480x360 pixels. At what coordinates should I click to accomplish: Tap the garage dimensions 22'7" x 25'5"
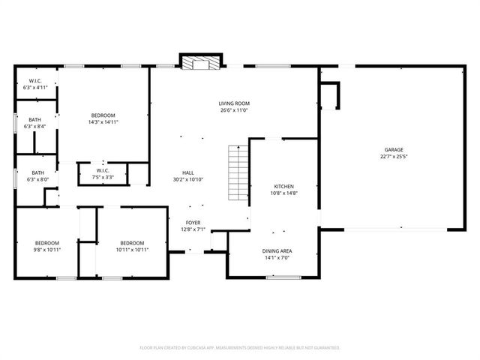click(393, 157)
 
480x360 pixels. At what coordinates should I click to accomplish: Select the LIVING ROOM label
click(234, 103)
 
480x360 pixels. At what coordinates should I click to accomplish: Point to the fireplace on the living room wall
click(200, 63)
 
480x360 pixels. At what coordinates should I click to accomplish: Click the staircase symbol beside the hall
click(237, 172)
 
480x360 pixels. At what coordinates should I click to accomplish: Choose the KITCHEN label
click(283, 186)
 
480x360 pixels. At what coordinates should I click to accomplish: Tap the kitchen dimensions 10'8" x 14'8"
click(283, 193)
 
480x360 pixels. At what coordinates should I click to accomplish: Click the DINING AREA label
click(277, 250)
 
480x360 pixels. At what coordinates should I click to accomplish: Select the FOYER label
click(193, 223)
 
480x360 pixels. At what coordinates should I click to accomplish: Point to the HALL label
click(187, 172)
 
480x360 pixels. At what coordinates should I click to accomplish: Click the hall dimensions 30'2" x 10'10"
click(187, 179)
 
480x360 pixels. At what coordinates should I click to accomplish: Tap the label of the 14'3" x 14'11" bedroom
click(103, 115)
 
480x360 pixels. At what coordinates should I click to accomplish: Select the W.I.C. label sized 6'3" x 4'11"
click(35, 81)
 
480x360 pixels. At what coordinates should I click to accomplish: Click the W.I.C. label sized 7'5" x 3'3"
click(103, 170)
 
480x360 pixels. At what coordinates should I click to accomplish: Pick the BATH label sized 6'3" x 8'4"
click(35, 120)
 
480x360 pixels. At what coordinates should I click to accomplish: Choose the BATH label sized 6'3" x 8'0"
click(37, 173)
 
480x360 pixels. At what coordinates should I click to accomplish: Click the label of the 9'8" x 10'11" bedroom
click(46, 243)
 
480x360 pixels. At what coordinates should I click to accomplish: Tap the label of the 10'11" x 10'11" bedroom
click(132, 243)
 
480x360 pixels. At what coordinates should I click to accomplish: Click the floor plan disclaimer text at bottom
click(240, 348)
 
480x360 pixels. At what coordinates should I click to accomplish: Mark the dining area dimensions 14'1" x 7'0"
click(277, 257)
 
